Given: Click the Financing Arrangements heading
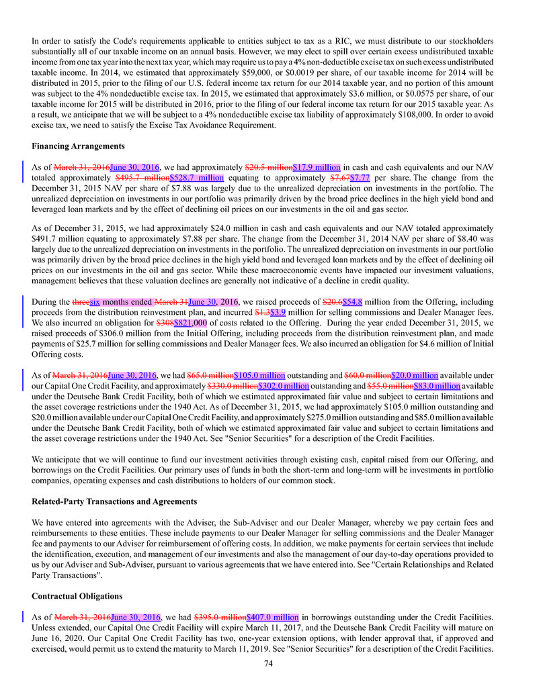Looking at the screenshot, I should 78,146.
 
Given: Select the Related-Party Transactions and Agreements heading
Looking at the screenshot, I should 114,501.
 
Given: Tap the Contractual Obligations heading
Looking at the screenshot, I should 77,595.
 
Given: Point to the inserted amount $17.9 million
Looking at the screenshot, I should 317,167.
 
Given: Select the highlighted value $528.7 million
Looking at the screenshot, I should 196,178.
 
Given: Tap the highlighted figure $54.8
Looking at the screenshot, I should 353,302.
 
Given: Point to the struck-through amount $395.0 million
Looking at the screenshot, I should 220,617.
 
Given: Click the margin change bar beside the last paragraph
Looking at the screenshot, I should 24,617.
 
